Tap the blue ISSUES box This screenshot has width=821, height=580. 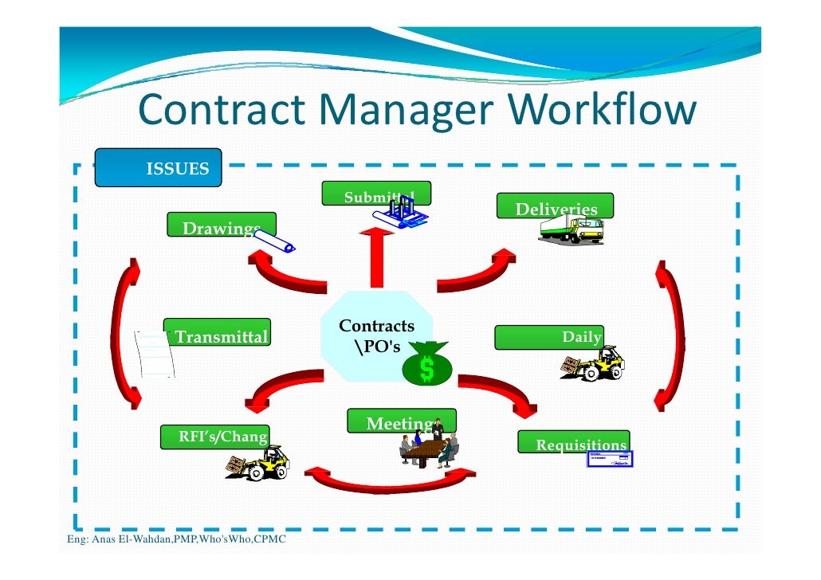(x=158, y=168)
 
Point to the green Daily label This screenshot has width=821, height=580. (x=549, y=337)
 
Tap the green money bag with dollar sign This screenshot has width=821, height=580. (x=427, y=365)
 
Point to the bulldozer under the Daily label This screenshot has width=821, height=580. (x=593, y=364)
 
